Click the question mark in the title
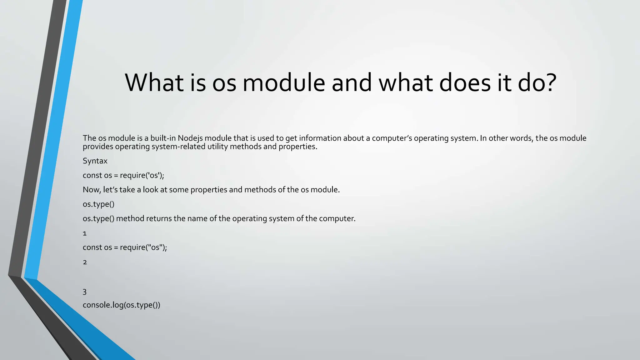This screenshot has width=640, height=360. click(x=548, y=83)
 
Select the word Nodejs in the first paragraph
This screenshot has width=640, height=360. click(x=190, y=138)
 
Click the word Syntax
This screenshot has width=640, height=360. click(x=95, y=161)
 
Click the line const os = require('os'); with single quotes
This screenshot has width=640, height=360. click(x=123, y=175)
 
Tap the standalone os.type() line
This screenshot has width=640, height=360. click(x=98, y=204)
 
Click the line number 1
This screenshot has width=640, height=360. click(x=85, y=233)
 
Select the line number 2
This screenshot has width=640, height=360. click(x=85, y=262)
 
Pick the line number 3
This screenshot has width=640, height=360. click(x=85, y=292)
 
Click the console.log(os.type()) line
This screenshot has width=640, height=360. click(x=121, y=305)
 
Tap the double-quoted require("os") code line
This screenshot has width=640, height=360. click(x=125, y=247)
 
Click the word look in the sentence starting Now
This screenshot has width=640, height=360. click(x=151, y=190)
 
